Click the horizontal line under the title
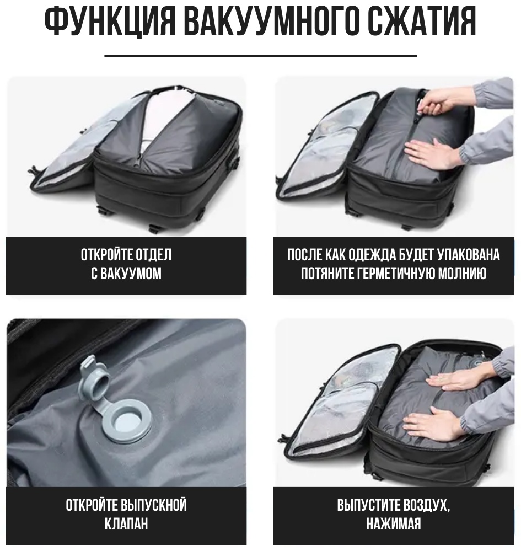[261, 56]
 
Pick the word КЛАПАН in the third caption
[126, 524]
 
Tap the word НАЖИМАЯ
[394, 524]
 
